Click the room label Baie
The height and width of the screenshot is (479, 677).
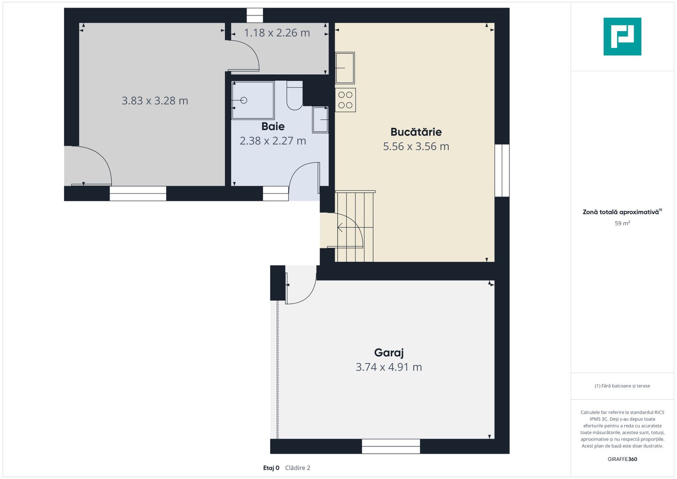(x=273, y=126)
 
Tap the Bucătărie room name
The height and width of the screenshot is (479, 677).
(x=416, y=132)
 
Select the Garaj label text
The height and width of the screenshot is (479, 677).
(x=389, y=353)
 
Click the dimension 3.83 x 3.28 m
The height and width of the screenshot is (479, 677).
(x=155, y=101)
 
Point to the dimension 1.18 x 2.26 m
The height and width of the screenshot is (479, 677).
(x=277, y=33)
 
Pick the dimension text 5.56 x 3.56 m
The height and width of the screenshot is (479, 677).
(x=416, y=146)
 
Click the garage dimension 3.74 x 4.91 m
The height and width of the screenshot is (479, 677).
(x=389, y=367)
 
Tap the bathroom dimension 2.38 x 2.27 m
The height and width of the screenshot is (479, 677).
(x=273, y=141)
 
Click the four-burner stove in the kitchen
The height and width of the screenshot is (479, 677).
(x=345, y=100)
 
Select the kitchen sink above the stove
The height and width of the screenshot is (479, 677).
(x=345, y=68)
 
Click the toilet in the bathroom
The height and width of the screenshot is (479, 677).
(x=294, y=95)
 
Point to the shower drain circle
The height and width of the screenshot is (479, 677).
(x=243, y=100)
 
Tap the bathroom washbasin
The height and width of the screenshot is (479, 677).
(x=321, y=120)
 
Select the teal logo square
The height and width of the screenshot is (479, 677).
(x=622, y=36)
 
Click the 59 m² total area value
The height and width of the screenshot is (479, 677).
(x=622, y=223)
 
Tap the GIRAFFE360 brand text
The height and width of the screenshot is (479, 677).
(x=622, y=459)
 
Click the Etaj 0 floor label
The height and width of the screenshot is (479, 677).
(x=271, y=468)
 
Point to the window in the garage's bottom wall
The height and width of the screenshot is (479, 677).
(x=391, y=446)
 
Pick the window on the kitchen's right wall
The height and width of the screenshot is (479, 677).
(x=502, y=171)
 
